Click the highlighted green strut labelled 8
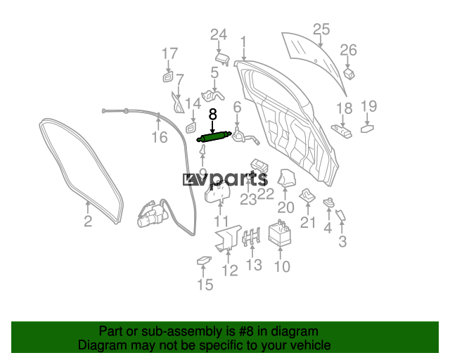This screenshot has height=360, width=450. (214, 136)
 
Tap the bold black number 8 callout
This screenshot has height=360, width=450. (212, 115)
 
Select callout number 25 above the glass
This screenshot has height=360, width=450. (321, 30)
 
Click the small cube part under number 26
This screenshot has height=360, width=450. (349, 74)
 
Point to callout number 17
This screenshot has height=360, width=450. (170, 53)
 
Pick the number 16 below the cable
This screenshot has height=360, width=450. (160, 137)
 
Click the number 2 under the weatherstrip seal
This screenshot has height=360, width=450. (88, 221)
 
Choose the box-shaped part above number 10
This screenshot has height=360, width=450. (280, 232)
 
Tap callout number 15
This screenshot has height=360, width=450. (205, 285)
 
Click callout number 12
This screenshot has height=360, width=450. (230, 271)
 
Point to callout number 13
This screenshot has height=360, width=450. (254, 265)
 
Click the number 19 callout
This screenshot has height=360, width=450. (368, 106)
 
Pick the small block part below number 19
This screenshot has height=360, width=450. (367, 128)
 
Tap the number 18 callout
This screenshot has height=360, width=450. (344, 108)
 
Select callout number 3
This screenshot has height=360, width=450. (342, 242)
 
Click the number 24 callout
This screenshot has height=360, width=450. (219, 34)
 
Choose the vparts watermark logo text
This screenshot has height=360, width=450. (225, 179)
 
